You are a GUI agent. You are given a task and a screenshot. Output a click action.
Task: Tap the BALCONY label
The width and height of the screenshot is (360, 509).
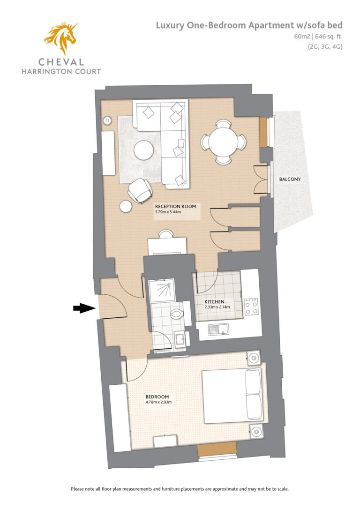pos(290,179)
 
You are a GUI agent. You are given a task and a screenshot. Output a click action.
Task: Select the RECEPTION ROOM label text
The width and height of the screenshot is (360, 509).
pos(175,206)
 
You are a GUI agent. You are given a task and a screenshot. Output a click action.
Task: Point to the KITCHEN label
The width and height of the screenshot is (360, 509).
pos(214,301)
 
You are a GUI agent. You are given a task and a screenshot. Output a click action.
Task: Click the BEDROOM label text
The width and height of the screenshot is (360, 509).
pos(157,397)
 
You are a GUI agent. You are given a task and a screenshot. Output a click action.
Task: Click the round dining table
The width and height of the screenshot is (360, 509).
pos(223,142)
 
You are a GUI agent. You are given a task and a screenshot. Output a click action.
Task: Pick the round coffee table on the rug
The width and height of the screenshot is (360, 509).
pos(144,150)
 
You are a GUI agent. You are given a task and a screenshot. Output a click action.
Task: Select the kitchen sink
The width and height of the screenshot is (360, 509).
pos(218,329)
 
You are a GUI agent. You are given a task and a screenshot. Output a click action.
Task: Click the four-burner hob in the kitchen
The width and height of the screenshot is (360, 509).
pos(251,307)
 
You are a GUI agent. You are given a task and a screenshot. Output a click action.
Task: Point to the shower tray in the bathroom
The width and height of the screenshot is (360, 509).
pos(162,291)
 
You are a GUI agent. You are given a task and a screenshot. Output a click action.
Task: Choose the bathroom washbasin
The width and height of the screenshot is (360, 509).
pos(180,340)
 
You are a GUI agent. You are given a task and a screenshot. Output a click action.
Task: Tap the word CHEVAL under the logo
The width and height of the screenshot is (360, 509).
pos(61,62)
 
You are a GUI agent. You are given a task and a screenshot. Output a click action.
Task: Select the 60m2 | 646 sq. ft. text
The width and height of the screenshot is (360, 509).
pos(318,37)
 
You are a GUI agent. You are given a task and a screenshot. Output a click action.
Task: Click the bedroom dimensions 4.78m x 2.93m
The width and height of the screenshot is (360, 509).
pos(159,402)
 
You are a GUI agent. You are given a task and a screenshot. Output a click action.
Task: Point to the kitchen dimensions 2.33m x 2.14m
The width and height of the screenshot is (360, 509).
pos(217,307)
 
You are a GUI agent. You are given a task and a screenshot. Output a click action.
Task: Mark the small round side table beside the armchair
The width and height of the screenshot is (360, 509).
pos(126,206)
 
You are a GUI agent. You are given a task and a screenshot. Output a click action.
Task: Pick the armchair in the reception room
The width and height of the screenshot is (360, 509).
pos(140,191)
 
